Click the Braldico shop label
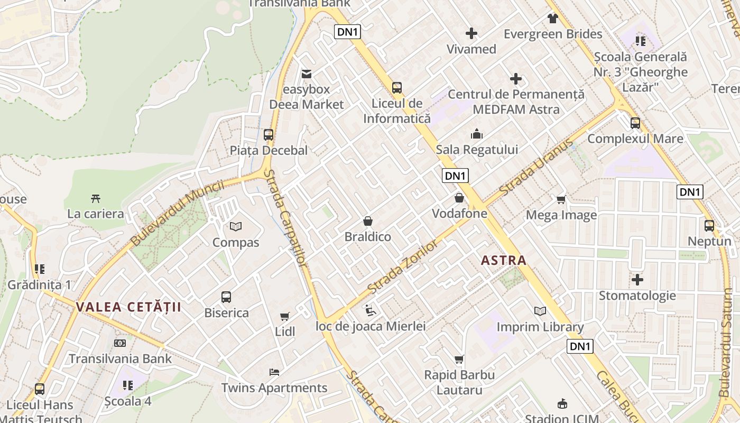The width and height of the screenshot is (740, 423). [368, 237]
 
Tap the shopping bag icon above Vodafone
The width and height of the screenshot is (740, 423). [459, 198]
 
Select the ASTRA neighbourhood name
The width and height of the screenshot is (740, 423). [504, 260]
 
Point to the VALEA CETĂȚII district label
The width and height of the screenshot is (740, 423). [128, 307]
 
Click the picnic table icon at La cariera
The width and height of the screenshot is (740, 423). [96, 199]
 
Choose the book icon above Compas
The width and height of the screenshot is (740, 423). [236, 226]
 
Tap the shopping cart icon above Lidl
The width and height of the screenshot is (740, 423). [285, 316]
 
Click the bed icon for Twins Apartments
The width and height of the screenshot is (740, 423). [274, 372]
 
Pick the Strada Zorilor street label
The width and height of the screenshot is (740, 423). [403, 267]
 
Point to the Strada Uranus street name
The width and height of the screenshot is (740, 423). [536, 168]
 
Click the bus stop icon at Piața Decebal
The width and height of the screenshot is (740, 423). [269, 134]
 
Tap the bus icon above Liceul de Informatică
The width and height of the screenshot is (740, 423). [397, 87]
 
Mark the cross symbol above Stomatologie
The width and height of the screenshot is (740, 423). [637, 279]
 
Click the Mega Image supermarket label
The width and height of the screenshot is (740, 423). [561, 215]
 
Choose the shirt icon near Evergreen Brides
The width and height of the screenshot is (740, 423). [553, 19]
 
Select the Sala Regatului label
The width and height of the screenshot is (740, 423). [477, 150]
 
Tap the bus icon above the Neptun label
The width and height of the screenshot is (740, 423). [709, 226]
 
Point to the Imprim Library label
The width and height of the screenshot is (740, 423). [540, 327]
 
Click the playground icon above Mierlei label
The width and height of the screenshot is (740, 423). [371, 310]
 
